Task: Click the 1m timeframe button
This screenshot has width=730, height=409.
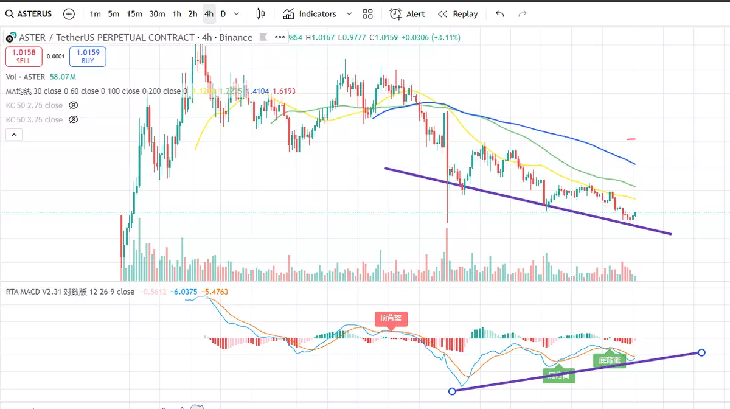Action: tap(95, 14)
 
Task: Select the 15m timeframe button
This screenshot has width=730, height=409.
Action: tap(134, 14)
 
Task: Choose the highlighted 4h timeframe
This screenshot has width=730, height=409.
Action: tap(209, 14)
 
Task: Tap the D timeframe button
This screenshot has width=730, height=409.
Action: tap(223, 14)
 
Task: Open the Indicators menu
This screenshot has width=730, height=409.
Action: tap(311, 14)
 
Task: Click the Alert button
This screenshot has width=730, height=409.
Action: tap(408, 14)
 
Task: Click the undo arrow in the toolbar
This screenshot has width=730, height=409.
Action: tap(500, 14)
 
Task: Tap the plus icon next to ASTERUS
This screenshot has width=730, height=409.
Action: tap(69, 14)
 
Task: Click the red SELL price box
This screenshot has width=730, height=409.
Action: tap(24, 57)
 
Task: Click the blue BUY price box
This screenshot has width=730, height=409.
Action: tap(88, 57)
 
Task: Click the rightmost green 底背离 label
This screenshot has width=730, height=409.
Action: tap(610, 360)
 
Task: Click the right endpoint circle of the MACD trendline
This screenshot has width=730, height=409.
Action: tap(701, 352)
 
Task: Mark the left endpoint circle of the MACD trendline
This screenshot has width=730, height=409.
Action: tap(452, 391)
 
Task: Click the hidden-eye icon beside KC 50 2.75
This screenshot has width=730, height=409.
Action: tap(74, 105)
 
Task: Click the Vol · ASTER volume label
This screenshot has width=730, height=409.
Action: tap(26, 77)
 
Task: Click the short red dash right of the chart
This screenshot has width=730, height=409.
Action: tap(631, 139)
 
